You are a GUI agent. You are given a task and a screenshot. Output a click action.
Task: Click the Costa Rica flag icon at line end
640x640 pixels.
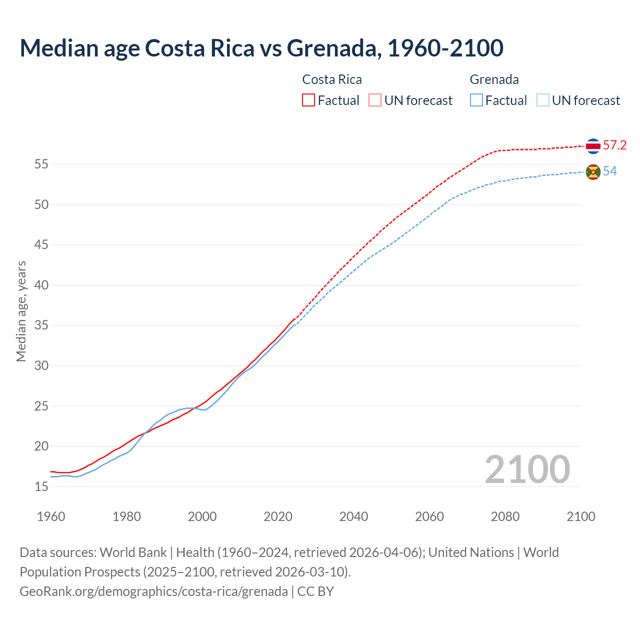593,146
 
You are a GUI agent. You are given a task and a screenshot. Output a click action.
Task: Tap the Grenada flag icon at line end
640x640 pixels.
593,172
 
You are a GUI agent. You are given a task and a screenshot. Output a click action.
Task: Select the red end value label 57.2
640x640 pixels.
614,145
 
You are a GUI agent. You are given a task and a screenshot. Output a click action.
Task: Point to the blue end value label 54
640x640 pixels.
610,171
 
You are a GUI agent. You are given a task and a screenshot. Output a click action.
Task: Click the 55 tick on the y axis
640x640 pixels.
41,164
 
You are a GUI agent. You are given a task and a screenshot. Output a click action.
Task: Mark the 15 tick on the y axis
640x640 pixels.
41,486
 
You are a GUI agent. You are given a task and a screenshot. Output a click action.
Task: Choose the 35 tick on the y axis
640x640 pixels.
41,325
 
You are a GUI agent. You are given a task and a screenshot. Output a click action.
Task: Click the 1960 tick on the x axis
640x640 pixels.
51,516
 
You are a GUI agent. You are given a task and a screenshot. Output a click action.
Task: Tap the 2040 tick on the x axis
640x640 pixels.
353,516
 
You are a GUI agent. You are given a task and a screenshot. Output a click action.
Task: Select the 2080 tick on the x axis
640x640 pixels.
505,516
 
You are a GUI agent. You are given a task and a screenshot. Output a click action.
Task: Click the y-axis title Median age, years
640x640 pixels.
21,311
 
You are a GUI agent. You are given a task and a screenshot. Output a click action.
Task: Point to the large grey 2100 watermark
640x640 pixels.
527,469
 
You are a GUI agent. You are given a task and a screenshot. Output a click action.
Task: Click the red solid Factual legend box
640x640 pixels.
308,100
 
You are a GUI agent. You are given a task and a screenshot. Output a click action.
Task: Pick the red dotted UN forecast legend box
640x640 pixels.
375,100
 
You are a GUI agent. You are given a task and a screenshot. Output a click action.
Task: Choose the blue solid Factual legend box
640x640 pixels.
476,100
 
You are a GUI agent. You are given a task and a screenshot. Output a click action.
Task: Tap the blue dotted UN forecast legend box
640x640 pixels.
543,100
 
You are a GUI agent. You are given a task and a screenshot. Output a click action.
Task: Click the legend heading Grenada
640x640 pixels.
494,79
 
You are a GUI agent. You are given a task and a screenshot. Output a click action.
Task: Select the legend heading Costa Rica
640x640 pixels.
332,79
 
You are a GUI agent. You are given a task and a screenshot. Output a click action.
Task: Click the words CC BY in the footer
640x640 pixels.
315,591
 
